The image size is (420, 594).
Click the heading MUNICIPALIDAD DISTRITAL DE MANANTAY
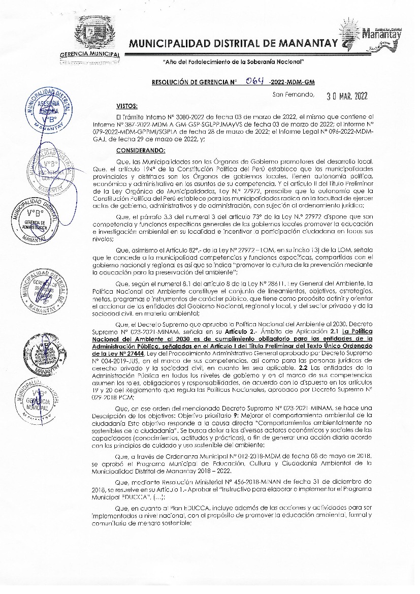pyautogui.click(x=233, y=45)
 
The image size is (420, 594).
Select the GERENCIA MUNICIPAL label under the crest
pyautogui.click(x=89, y=54)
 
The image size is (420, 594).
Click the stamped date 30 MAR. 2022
pyautogui.click(x=347, y=95)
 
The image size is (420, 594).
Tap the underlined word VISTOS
pyautogui.click(x=127, y=107)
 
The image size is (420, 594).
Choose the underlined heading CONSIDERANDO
pyautogui.click(x=141, y=150)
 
